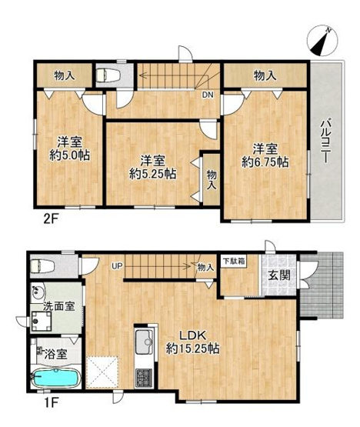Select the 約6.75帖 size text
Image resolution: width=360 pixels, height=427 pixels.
pyautogui.click(x=265, y=162)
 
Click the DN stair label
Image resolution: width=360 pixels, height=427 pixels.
pyautogui.click(x=207, y=95)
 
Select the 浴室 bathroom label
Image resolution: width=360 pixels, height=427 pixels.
pyautogui.click(x=55, y=355)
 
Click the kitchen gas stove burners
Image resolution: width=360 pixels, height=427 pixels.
pyautogui.click(x=144, y=377)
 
